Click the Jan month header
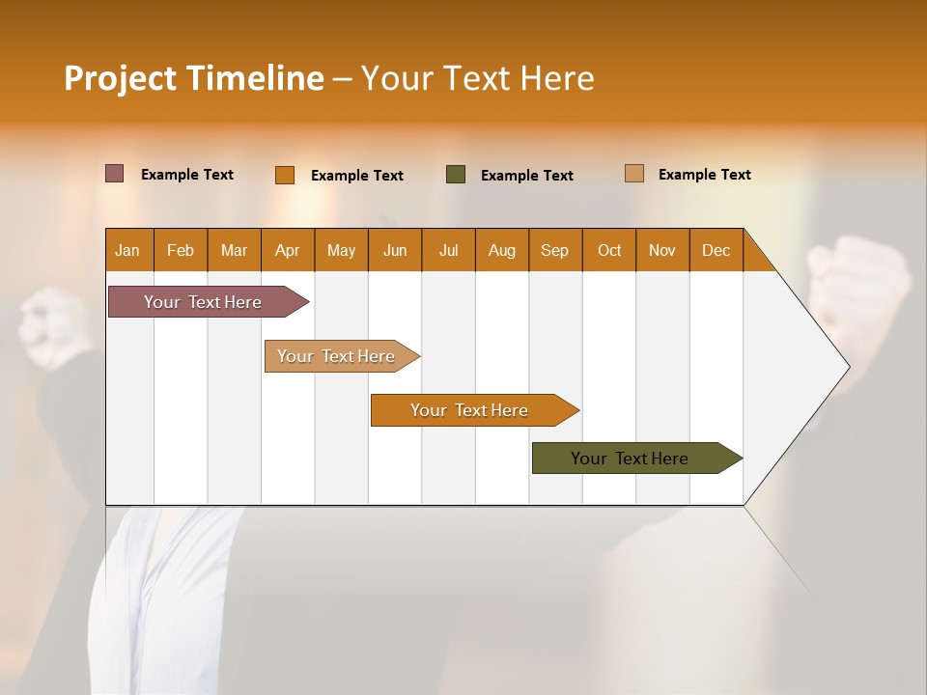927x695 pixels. tap(128, 250)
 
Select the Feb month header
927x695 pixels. tap(181, 250)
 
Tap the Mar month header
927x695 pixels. tap(234, 250)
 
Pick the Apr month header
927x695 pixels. tap(288, 250)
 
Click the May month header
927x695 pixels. tap(341, 250)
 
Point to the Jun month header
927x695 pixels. tap(395, 250)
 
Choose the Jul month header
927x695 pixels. tap(448, 250)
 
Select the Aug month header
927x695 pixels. tap(502, 250)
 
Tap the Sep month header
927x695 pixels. tap(555, 250)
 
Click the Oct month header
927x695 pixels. tap(609, 250)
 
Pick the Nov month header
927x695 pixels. tap(662, 250)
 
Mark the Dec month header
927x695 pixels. tap(716, 250)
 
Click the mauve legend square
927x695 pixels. tap(115, 174)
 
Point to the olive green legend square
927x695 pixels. tap(456, 174)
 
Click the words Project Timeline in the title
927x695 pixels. tap(194, 78)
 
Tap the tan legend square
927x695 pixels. tap(634, 174)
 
